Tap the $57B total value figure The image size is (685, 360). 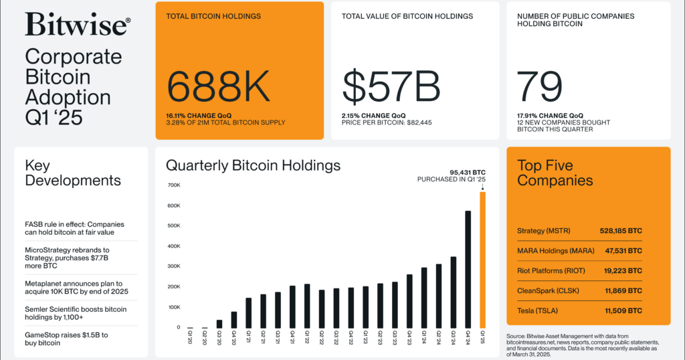(x=391, y=87)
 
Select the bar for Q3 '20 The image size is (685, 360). (x=219, y=323)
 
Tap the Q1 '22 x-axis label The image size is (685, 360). (x=307, y=336)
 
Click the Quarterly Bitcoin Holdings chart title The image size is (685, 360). (x=253, y=165)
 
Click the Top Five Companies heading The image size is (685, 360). (x=555, y=173)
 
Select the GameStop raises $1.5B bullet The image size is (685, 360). (x=66, y=338)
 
